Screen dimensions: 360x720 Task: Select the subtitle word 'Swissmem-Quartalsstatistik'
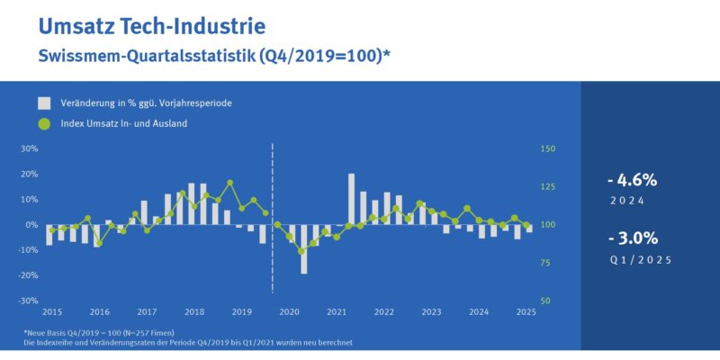pyautogui.click(x=148, y=56)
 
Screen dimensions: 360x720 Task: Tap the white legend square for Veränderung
pyautogui.click(x=44, y=103)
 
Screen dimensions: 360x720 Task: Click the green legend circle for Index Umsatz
pyautogui.click(x=44, y=123)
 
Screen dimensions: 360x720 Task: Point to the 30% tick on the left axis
pyautogui.click(x=29, y=148)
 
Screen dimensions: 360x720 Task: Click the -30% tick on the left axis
pyautogui.click(x=28, y=300)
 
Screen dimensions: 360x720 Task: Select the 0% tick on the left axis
pyautogui.click(x=31, y=224)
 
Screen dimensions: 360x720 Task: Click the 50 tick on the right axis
pyautogui.click(x=544, y=300)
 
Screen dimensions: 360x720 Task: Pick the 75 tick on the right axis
pyautogui.click(x=544, y=262)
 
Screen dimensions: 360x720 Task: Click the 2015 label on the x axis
pyautogui.click(x=51, y=312)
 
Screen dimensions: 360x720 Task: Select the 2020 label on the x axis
pyautogui.click(x=288, y=312)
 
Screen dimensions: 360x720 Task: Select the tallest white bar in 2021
pyautogui.click(x=352, y=199)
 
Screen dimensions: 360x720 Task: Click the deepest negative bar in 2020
pyautogui.click(x=304, y=248)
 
